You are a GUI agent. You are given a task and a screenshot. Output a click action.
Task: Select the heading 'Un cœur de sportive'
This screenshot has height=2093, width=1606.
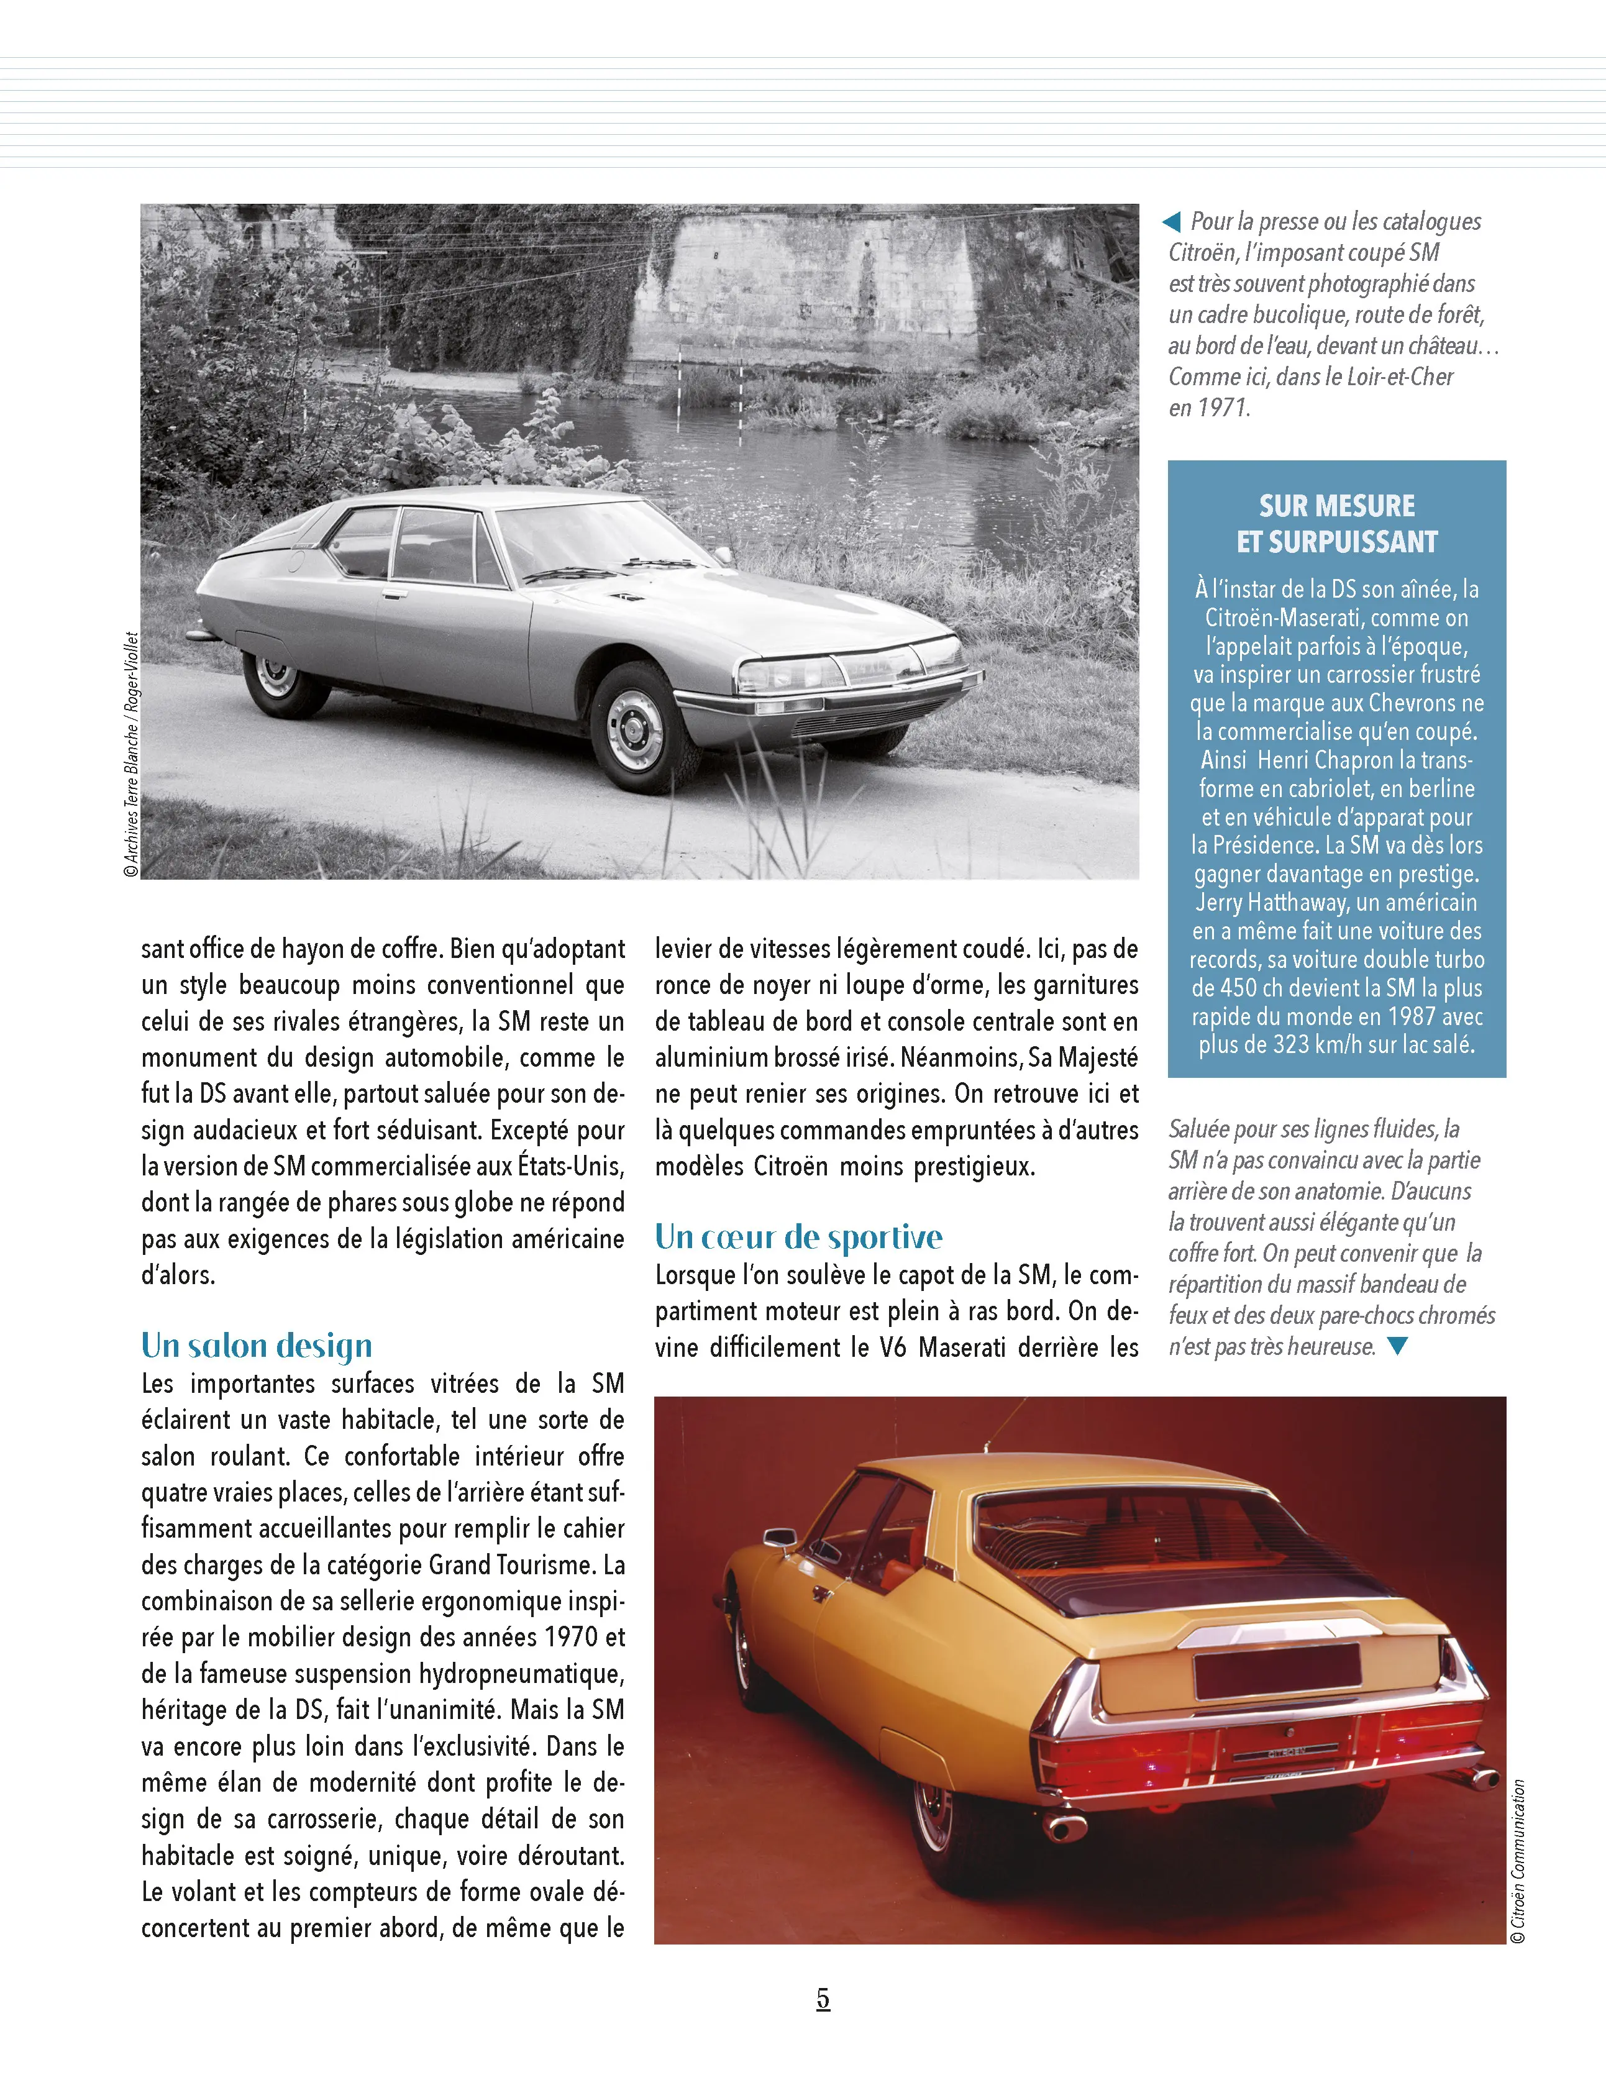click(x=798, y=1237)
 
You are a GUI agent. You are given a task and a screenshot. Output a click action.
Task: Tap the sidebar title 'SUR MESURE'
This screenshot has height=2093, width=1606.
click(x=1336, y=506)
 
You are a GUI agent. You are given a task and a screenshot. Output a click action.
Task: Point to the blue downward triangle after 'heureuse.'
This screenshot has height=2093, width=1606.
click(x=1398, y=1346)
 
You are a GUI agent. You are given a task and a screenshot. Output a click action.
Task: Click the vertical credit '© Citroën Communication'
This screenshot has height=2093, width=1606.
click(x=1517, y=1861)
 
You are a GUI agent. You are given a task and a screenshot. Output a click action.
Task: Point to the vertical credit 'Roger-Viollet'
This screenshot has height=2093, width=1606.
click(x=132, y=672)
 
